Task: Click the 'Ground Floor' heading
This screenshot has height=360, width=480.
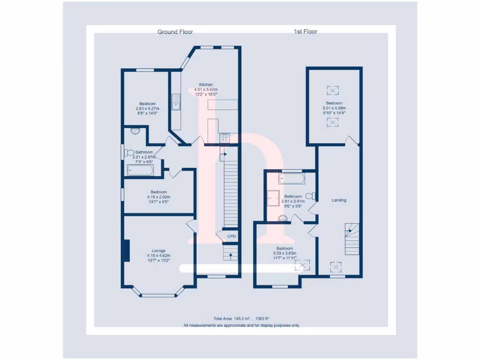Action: point(175,32)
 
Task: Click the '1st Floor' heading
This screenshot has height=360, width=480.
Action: point(305,32)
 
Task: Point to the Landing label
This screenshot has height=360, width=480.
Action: point(339,200)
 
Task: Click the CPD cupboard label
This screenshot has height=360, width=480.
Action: point(232,236)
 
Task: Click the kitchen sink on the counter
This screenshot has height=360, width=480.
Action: point(176,102)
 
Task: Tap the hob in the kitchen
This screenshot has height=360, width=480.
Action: point(225,138)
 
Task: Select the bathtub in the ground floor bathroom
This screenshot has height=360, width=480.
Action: point(140,170)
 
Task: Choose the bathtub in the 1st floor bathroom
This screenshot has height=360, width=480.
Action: point(292,179)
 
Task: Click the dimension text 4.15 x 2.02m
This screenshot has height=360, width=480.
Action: point(158,197)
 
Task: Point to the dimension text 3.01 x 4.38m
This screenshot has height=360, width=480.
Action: point(334,108)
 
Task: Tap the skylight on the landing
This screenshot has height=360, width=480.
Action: point(336,267)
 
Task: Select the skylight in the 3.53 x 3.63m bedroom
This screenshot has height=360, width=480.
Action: point(302,266)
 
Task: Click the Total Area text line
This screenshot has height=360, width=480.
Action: point(241,318)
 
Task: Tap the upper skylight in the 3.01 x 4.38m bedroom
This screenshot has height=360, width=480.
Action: point(333,90)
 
